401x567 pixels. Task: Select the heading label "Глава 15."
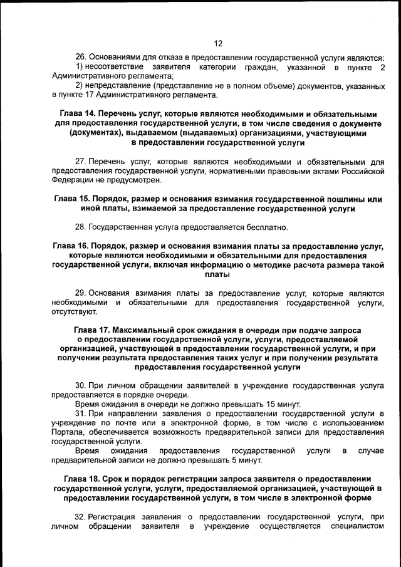(x=74, y=199)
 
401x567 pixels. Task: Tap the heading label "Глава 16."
(x=72, y=246)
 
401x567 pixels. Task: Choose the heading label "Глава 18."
(x=78, y=479)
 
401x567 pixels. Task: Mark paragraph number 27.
(x=80, y=161)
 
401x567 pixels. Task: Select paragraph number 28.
(x=80, y=227)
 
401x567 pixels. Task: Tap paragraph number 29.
(x=80, y=293)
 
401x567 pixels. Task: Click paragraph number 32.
(x=80, y=517)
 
